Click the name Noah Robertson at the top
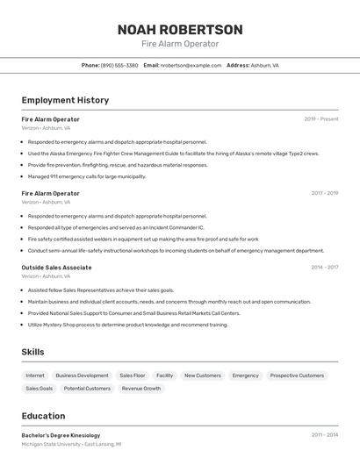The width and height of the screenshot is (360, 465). [180, 30]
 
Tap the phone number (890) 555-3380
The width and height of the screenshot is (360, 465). [119, 65]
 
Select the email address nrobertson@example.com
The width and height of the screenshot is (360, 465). [191, 65]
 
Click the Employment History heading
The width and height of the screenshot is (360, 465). [65, 100]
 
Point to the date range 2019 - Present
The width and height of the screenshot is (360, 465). [321, 118]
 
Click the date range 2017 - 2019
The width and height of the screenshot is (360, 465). [324, 193]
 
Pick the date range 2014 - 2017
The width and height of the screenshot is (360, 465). [324, 267]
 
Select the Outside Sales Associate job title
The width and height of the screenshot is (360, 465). [56, 268]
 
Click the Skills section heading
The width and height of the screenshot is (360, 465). [33, 352]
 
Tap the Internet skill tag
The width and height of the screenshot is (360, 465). [35, 376]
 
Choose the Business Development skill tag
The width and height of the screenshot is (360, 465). [82, 376]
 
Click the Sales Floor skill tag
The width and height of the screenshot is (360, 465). [133, 376]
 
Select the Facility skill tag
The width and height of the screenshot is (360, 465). [165, 376]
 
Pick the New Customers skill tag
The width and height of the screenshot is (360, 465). [202, 376]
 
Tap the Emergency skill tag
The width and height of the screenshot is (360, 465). [245, 376]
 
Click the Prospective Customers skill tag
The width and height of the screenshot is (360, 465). [297, 376]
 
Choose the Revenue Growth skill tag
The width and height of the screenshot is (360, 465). [141, 388]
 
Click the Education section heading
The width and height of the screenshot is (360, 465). [43, 416]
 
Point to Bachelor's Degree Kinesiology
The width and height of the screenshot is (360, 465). [61, 435]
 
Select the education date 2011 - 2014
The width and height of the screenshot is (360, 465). [324, 434]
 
